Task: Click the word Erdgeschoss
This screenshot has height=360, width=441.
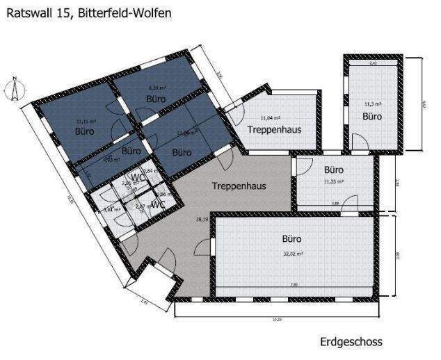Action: click(351, 342)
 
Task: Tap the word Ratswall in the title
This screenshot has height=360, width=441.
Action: click(27, 13)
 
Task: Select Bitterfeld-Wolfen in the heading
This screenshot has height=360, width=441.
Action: click(124, 13)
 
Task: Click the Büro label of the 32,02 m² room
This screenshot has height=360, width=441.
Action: click(292, 238)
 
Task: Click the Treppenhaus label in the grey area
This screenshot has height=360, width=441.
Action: click(239, 186)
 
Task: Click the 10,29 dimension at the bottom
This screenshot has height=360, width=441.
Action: click(277, 319)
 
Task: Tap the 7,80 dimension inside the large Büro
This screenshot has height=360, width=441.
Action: click(294, 284)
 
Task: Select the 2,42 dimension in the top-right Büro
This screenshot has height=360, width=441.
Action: click(373, 63)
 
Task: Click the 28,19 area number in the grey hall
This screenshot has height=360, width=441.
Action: click(202, 220)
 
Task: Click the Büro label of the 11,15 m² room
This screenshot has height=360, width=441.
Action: click(85, 131)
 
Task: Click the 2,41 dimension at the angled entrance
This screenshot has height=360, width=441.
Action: click(143, 302)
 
